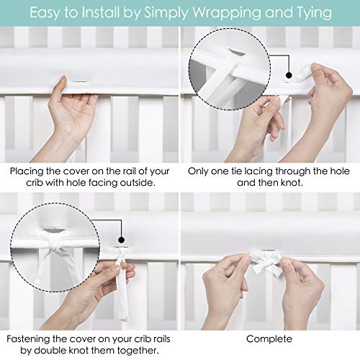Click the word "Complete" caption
[x=269, y=338]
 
